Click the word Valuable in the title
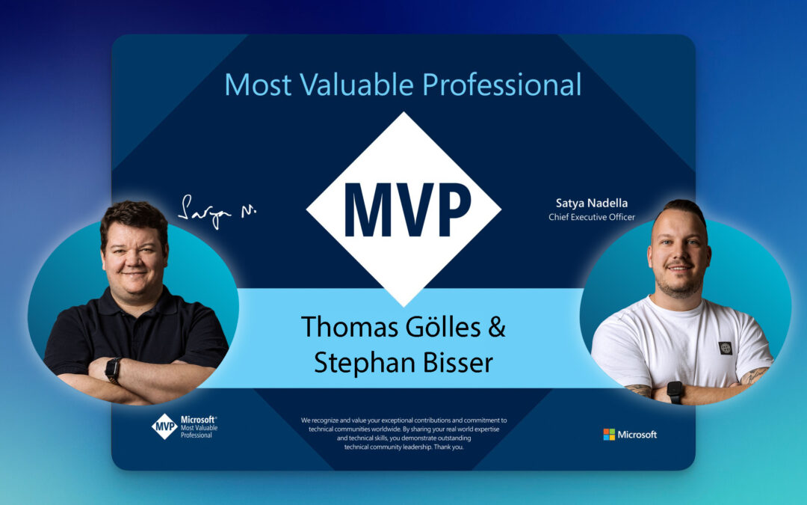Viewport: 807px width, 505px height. (x=356, y=85)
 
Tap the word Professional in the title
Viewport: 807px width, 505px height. (x=502, y=85)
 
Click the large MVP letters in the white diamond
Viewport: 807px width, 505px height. (x=407, y=209)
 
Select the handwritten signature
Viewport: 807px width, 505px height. (x=217, y=211)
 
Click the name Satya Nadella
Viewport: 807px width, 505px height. (x=591, y=203)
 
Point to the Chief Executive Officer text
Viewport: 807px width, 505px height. (x=591, y=217)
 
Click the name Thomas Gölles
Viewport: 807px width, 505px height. (x=391, y=327)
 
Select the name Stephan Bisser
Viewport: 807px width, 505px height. (x=403, y=362)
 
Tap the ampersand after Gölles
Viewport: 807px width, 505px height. (x=497, y=327)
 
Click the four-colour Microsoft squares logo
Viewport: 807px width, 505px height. (x=609, y=435)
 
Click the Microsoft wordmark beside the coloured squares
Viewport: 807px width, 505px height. (x=637, y=435)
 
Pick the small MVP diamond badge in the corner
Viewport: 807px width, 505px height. (x=164, y=426)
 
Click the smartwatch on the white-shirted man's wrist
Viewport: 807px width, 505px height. (x=675, y=391)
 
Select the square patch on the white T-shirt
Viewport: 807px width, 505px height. (x=725, y=349)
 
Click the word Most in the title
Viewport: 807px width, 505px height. (x=258, y=85)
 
